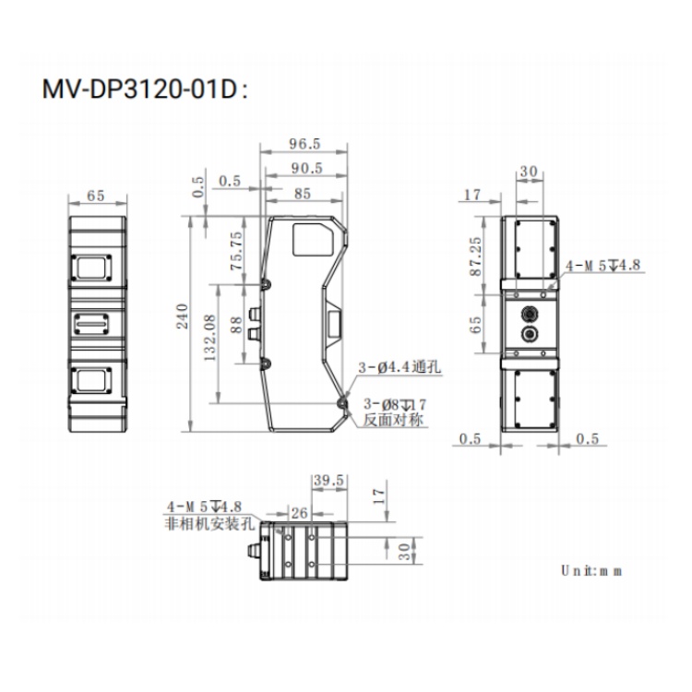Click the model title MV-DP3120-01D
coord(140,89)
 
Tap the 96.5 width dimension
coord(304,144)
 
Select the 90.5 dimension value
coord(306,168)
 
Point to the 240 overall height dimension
coord(183,316)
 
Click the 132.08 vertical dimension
coord(210,338)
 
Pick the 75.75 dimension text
coord(236,251)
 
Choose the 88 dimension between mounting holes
coord(236,325)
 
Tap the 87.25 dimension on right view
coord(476,257)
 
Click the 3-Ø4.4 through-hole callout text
coord(400,366)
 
